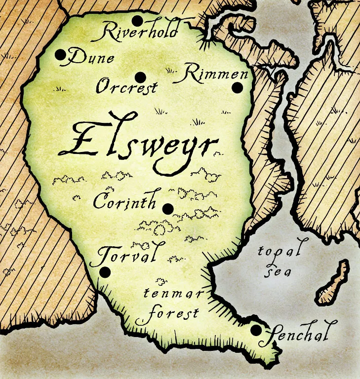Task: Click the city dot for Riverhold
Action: (x=137, y=21)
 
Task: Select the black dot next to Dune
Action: (x=61, y=55)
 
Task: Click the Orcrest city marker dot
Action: (x=140, y=77)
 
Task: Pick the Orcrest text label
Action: (x=126, y=87)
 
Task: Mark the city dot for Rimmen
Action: (x=238, y=88)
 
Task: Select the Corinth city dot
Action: (x=168, y=209)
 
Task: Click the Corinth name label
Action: (x=124, y=201)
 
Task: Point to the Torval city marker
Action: (x=105, y=271)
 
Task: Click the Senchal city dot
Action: (x=256, y=330)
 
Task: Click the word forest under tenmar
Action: (x=168, y=313)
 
